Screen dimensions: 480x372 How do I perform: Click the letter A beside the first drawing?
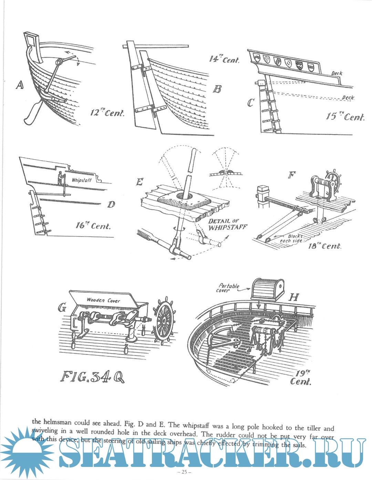point(20,85)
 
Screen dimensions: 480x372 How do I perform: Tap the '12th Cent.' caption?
point(107,112)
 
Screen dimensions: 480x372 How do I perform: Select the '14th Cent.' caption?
point(224,59)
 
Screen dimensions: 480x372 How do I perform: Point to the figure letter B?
point(217,89)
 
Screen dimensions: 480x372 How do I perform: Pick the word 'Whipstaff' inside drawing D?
point(82,180)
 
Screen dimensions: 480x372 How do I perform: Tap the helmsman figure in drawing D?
point(60,178)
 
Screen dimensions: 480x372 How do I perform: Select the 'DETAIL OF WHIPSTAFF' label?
point(228,224)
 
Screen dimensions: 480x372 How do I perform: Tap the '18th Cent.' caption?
point(324,246)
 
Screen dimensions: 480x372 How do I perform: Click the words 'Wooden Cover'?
point(103,300)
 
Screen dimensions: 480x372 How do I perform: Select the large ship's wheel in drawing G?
point(164,320)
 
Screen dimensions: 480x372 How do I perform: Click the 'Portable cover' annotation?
point(228,288)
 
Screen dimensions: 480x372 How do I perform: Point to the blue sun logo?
point(27,452)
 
